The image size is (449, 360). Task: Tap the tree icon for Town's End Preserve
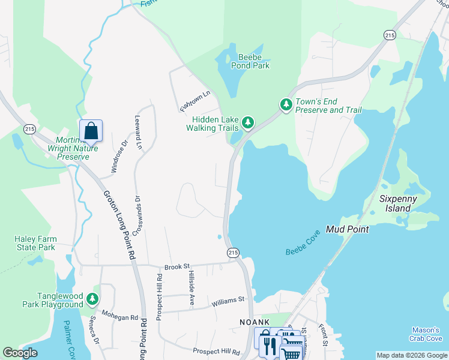pos(286,105)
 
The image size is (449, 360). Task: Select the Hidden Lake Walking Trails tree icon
pos(247,124)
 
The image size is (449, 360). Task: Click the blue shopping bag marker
pos(91,130)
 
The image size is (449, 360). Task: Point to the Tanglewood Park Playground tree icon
pos(92,298)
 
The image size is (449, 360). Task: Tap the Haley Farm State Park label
pos(35,243)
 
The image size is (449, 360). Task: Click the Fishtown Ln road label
pos(196,100)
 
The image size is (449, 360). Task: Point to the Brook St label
pos(177,266)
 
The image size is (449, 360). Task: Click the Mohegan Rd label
pos(119,317)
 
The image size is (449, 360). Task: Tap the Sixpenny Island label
pos(395,203)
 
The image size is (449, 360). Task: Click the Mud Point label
pos(347,229)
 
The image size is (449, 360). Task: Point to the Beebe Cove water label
pos(303,244)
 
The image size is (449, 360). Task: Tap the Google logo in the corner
pos(20,353)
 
